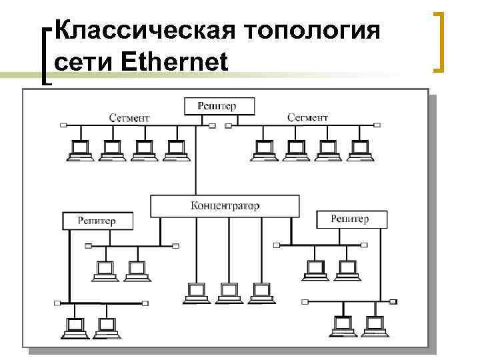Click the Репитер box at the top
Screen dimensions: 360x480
click(x=216, y=106)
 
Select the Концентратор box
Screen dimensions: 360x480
click(x=225, y=205)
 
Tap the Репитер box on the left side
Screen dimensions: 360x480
click(x=97, y=220)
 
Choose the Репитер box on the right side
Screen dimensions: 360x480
click(x=349, y=219)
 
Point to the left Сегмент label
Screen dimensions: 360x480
click(x=129, y=117)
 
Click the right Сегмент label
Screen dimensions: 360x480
click(x=307, y=117)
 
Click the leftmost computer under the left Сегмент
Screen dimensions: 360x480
click(x=79, y=151)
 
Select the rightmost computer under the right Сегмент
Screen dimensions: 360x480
click(x=359, y=151)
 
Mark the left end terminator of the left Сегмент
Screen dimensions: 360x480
click(x=63, y=125)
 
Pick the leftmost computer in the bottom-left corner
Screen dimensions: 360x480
click(x=75, y=327)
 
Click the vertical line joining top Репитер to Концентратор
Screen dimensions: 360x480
click(x=195, y=160)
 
